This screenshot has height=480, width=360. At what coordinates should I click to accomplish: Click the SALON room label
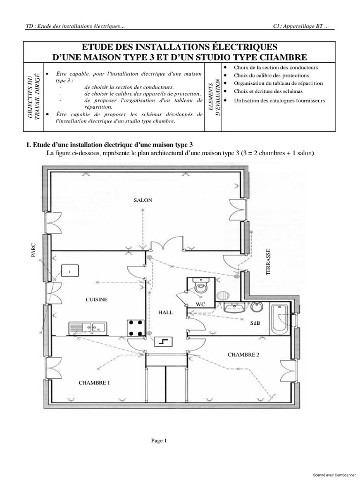[143, 200]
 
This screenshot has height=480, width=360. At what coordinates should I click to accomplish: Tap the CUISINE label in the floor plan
[97, 299]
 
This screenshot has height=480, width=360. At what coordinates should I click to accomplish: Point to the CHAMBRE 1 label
[94, 383]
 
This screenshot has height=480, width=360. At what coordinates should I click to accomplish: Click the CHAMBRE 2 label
[243, 354]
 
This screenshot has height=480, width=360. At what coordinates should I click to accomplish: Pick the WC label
[201, 304]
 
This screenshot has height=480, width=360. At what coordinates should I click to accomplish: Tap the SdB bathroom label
[255, 323]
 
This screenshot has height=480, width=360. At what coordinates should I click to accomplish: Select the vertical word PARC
[33, 255]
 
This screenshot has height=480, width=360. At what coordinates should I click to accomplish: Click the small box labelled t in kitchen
[69, 271]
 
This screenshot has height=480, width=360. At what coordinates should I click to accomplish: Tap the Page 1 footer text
[158, 440]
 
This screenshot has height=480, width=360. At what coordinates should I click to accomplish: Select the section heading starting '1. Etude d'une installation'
[109, 144]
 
